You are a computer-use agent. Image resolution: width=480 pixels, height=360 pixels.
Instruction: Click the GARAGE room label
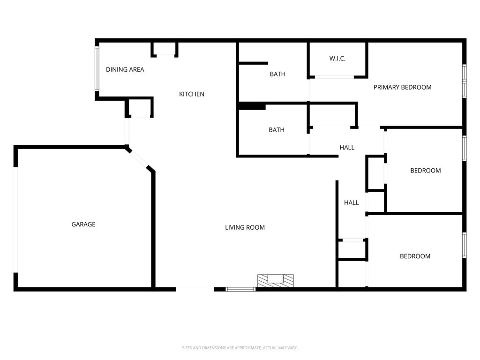coord(83,225)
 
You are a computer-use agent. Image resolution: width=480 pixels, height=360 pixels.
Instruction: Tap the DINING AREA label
coord(125,70)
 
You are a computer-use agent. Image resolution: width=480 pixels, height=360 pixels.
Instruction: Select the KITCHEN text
coord(192,94)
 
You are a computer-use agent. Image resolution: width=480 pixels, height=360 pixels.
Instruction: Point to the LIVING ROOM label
coord(245,228)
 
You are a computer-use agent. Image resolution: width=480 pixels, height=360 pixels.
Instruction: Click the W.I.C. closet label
coord(337,59)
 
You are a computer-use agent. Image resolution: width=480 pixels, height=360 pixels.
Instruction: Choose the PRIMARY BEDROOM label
coord(402,87)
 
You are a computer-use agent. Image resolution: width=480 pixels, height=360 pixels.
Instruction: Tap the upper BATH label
coord(277,74)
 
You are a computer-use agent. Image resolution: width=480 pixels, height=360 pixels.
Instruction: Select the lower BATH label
coord(277,130)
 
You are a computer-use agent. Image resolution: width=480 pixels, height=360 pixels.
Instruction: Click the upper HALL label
coord(347,148)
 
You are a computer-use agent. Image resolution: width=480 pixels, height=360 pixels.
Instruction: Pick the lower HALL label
coord(352,203)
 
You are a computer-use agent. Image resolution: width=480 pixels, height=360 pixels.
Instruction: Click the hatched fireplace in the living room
coord(275,280)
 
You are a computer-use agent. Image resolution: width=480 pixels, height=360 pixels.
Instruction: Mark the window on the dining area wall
coord(97,68)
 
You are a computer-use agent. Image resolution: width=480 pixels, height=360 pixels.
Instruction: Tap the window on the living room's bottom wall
coord(240,289)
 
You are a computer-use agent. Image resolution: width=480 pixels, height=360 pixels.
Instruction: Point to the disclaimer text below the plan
coord(240,348)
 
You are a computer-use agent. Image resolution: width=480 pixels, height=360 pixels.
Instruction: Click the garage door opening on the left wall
coord(16,219)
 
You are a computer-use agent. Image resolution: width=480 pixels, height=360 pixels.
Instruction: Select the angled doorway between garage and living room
coord(139,159)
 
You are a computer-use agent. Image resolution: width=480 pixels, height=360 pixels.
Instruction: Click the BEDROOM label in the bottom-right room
coord(415,256)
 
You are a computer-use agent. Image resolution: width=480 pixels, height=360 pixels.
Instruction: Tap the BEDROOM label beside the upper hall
coord(425,171)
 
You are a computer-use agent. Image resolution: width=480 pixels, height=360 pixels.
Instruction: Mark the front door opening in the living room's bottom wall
coord(195,289)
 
